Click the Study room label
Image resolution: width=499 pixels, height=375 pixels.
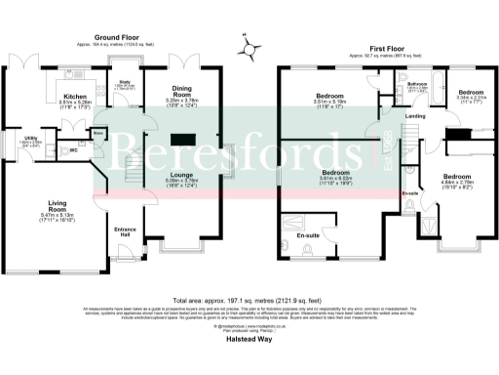(125, 83)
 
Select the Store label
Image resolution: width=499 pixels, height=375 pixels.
(126, 133)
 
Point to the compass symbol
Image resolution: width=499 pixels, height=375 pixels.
(250, 45)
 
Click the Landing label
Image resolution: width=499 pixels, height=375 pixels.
(414, 116)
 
